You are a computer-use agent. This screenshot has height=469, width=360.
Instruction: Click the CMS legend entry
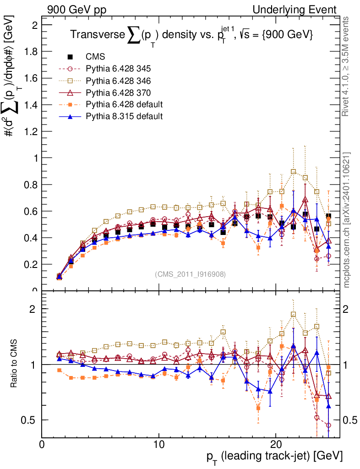click(95, 57)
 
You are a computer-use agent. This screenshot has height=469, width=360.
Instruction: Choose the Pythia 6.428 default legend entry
click(124, 104)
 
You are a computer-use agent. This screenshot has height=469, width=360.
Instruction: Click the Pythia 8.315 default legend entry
click(124, 116)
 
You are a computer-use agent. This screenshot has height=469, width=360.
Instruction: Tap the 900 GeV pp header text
click(76, 10)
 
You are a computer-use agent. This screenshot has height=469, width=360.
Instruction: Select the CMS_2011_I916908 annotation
click(190, 274)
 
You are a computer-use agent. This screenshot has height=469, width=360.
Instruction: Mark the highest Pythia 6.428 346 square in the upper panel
click(294, 172)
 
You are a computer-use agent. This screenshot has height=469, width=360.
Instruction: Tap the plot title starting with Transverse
click(191, 35)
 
